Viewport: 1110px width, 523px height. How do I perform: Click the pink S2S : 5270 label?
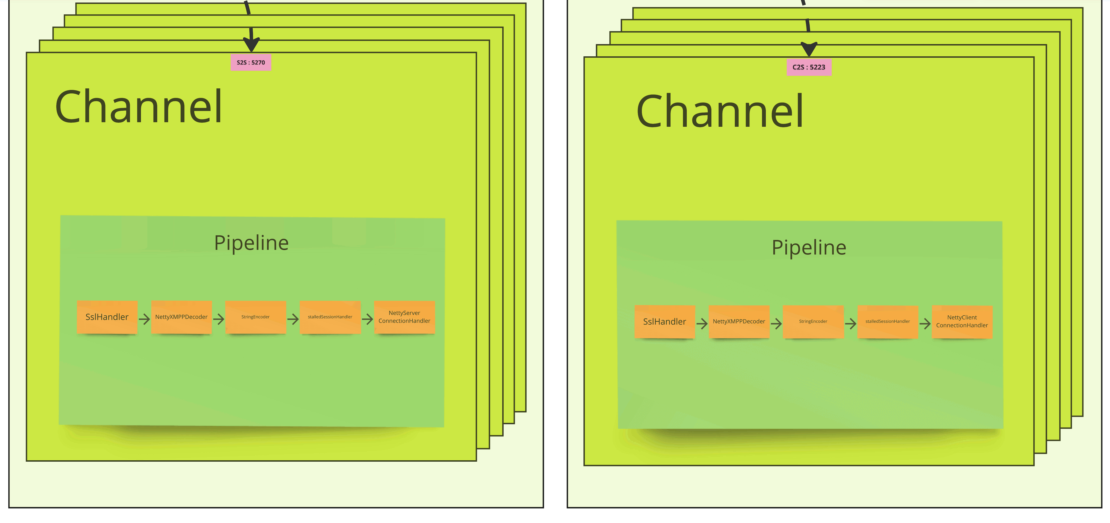pyautogui.click(x=251, y=63)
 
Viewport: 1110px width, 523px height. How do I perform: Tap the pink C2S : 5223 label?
pyautogui.click(x=808, y=67)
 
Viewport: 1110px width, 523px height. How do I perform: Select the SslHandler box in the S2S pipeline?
pyautogui.click(x=107, y=317)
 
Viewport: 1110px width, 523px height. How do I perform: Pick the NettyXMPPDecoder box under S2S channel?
pyautogui.click(x=181, y=317)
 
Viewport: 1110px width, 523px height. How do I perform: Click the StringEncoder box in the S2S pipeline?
pyautogui.click(x=255, y=317)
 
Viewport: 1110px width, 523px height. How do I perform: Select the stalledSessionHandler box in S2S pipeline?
pyautogui.click(x=330, y=317)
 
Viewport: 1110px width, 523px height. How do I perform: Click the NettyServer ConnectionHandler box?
pyautogui.click(x=404, y=317)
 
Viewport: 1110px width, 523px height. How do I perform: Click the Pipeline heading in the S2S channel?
pyautogui.click(x=251, y=243)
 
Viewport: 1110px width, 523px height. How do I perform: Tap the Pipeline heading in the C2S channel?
pyautogui.click(x=809, y=248)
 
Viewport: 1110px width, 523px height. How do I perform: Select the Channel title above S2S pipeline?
pyautogui.click(x=139, y=107)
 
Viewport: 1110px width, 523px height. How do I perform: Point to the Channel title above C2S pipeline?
pyautogui.click(x=720, y=111)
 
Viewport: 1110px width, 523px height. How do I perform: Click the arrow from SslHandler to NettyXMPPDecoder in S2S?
pyautogui.click(x=144, y=319)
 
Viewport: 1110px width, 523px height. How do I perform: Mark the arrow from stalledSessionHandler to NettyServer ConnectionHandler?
pyautogui.click(x=367, y=319)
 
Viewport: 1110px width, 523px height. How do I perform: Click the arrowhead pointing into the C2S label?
pyautogui.click(x=809, y=49)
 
